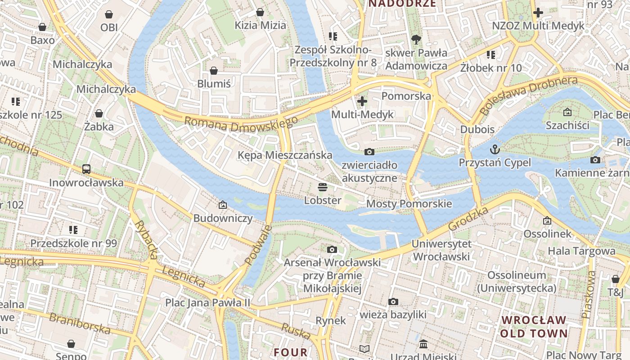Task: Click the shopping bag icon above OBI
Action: point(108,14)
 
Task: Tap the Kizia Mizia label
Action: point(260,25)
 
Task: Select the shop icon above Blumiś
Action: point(214,71)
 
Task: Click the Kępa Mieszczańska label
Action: point(285,155)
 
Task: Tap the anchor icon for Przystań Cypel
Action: point(495,149)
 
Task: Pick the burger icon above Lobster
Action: point(322,187)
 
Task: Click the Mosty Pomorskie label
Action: point(409,204)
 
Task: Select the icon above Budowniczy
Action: point(222,205)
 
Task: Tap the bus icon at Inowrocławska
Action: point(86,169)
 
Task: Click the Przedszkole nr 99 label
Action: point(73,243)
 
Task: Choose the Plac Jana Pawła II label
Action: point(207,302)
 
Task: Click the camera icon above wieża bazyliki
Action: point(393,301)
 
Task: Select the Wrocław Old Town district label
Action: point(534,327)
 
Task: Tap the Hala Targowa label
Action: point(581,251)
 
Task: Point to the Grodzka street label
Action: point(468,219)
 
